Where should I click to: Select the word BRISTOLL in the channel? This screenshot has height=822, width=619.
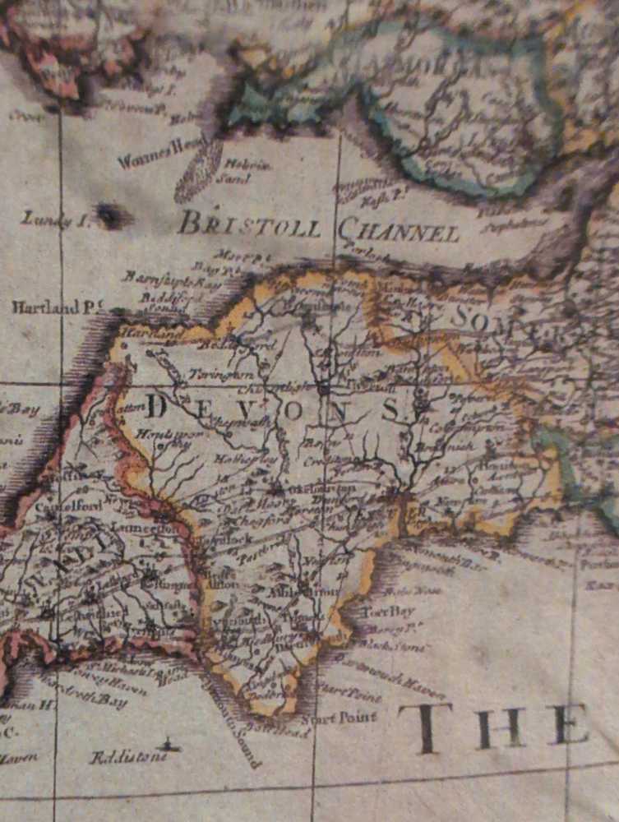click(250, 224)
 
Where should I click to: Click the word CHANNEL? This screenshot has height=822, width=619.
click(398, 231)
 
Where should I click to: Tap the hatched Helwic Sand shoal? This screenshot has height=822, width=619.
click(198, 171)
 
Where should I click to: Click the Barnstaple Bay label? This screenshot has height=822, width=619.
click(160, 279)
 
